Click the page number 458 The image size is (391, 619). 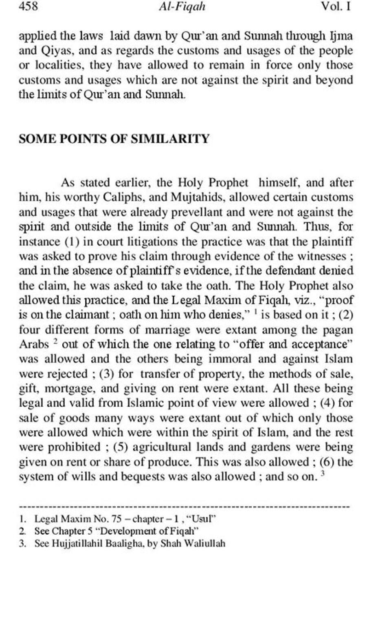click(x=28, y=7)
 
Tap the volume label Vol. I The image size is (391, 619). click(x=336, y=7)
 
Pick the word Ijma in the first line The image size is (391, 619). click(x=341, y=36)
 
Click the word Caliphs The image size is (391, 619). click(x=124, y=198)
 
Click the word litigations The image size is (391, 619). click(x=153, y=241)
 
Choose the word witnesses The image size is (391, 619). click(x=319, y=256)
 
